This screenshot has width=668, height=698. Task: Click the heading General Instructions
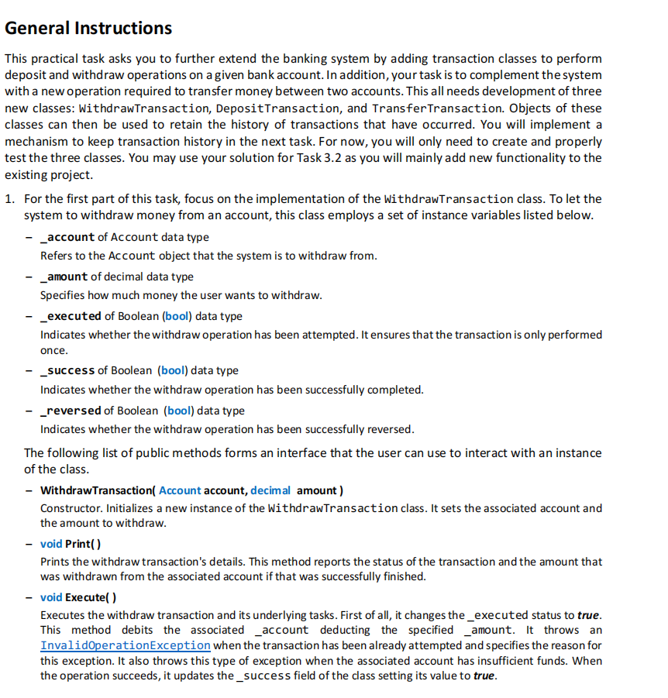click(88, 29)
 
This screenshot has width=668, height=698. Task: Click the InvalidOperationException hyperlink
click(125, 645)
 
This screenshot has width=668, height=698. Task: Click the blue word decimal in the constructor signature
click(270, 490)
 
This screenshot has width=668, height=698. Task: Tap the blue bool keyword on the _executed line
click(175, 316)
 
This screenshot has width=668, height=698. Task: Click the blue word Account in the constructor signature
click(180, 490)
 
